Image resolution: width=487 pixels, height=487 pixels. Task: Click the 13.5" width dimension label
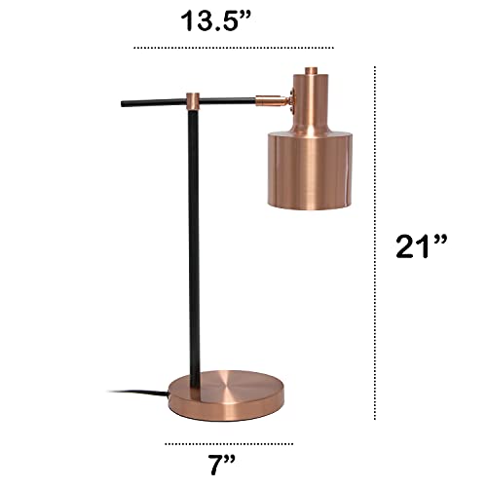[234, 20]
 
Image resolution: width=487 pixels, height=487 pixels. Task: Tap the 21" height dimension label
[420, 246]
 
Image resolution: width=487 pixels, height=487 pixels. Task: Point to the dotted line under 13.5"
[234, 47]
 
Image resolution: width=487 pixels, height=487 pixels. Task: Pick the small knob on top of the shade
[311, 70]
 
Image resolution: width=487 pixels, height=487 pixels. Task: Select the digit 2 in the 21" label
[406, 246]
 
